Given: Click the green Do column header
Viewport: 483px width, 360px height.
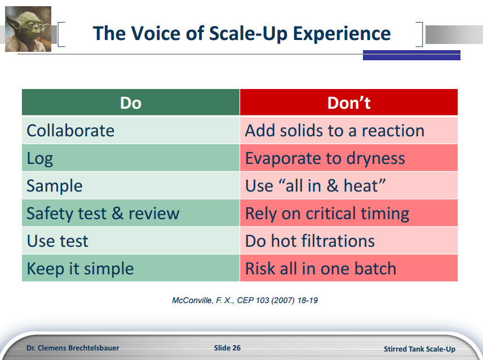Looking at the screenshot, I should [x=131, y=103].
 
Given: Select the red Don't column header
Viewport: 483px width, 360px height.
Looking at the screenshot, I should [x=349, y=103].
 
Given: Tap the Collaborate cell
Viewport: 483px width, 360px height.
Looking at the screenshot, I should [x=131, y=131].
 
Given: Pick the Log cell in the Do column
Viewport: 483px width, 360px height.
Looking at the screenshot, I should [x=131, y=158].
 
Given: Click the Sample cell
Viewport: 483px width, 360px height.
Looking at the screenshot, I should [x=131, y=186].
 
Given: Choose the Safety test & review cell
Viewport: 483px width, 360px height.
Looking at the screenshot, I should [x=131, y=214].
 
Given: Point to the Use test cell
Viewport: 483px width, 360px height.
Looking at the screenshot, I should [x=131, y=241].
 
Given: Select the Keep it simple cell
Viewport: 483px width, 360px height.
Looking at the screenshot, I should [x=131, y=269].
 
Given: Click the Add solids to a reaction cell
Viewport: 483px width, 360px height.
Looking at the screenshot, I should [x=349, y=131].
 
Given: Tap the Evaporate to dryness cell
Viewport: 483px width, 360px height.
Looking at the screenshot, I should [x=349, y=158].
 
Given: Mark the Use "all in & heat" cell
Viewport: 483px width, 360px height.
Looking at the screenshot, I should [x=349, y=186].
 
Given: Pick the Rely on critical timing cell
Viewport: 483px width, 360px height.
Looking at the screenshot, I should [x=349, y=214].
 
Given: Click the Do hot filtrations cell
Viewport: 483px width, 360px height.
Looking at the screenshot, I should [x=349, y=241].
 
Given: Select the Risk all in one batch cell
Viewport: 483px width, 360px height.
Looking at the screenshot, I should [x=349, y=269].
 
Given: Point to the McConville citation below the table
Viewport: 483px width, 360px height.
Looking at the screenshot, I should [x=245, y=300].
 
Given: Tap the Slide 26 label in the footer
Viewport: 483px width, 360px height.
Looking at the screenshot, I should [x=227, y=348].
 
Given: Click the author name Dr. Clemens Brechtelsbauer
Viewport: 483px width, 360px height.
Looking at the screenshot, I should [x=73, y=348].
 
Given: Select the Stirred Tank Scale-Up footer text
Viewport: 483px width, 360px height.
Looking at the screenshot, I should [x=419, y=349].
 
